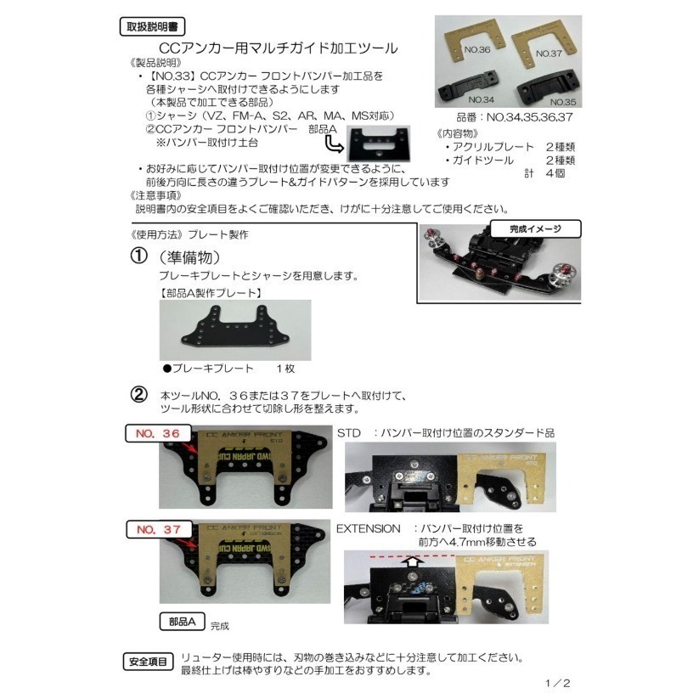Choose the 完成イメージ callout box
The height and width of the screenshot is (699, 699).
534,228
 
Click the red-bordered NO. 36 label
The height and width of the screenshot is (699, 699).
157,433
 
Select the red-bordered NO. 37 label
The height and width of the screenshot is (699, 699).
157,529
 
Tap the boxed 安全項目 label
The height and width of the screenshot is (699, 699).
148,660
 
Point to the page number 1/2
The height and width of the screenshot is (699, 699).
557,682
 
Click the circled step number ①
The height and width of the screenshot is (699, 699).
139,256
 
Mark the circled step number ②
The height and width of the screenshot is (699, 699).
139,396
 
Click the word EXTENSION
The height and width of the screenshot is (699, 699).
368,527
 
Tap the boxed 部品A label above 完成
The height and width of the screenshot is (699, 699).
182,621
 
